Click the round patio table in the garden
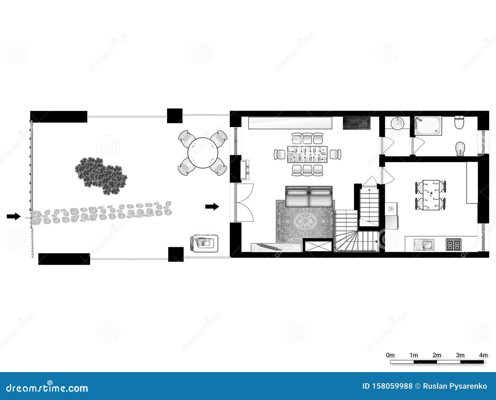(203, 153)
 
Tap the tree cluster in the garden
(101, 176)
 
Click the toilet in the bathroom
(459, 122)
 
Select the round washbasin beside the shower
(397, 123)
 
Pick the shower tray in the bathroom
(428, 125)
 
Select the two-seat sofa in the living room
(309, 196)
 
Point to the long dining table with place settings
(307, 154)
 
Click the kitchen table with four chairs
(431, 195)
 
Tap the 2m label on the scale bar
(437, 355)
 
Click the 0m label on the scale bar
(390, 355)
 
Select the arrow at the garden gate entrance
(14, 216)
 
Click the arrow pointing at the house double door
(212, 207)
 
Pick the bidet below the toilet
(460, 149)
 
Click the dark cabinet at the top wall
(356, 123)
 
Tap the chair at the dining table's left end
(280, 154)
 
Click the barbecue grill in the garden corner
(204, 243)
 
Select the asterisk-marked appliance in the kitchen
(391, 209)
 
